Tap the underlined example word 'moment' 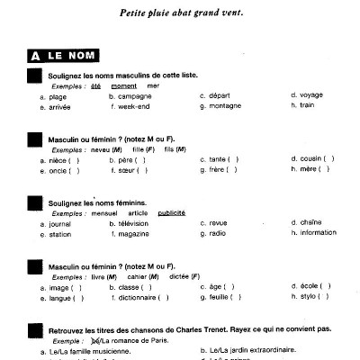(124, 85)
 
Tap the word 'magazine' (135, 233)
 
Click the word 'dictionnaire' (140, 297)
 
